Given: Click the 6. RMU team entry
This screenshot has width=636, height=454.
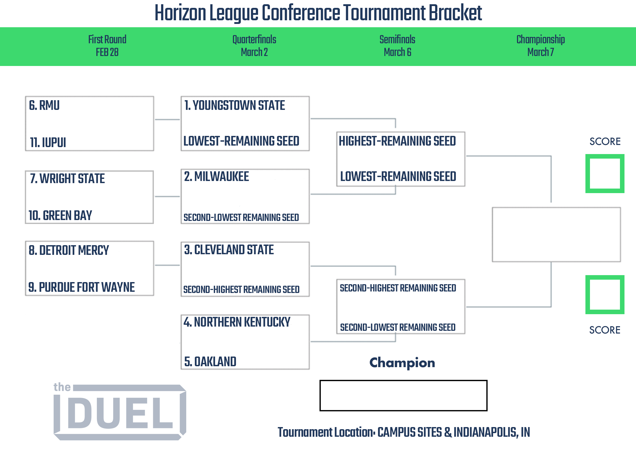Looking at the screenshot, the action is click(x=44, y=105).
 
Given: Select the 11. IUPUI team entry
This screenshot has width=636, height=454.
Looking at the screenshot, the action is click(x=48, y=142).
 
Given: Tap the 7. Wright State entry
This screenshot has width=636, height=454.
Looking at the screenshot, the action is click(x=67, y=179).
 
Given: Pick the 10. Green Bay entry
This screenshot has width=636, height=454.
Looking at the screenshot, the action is click(x=60, y=215).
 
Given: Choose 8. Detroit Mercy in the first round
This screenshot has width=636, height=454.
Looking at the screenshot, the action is click(x=69, y=250).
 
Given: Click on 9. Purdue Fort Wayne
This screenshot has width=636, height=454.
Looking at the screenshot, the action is click(x=81, y=287).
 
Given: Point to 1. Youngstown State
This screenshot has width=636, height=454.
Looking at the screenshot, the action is click(x=235, y=105).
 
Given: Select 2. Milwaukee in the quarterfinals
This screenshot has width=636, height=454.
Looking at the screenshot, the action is click(x=217, y=176).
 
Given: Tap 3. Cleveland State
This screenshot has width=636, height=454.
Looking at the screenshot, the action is click(x=229, y=250).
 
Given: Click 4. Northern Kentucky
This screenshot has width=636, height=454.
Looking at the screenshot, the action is click(x=237, y=322).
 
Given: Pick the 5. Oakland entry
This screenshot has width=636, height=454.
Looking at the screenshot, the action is click(x=210, y=362).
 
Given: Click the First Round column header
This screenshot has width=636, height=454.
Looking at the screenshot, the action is click(x=107, y=39).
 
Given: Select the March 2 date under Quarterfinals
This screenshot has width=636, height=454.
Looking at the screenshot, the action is click(x=254, y=52).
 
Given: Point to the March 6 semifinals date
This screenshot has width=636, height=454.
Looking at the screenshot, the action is click(x=397, y=52).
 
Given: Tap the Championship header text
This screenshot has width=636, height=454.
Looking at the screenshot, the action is click(x=541, y=40).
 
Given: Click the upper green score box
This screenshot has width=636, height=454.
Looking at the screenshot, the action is click(x=605, y=156).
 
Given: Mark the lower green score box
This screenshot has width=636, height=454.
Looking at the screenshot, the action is click(x=605, y=278).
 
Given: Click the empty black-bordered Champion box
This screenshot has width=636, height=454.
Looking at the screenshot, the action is click(x=403, y=381).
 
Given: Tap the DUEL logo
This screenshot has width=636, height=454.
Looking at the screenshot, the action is click(x=120, y=411).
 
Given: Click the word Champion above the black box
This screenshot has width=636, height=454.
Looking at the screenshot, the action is click(x=402, y=363).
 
